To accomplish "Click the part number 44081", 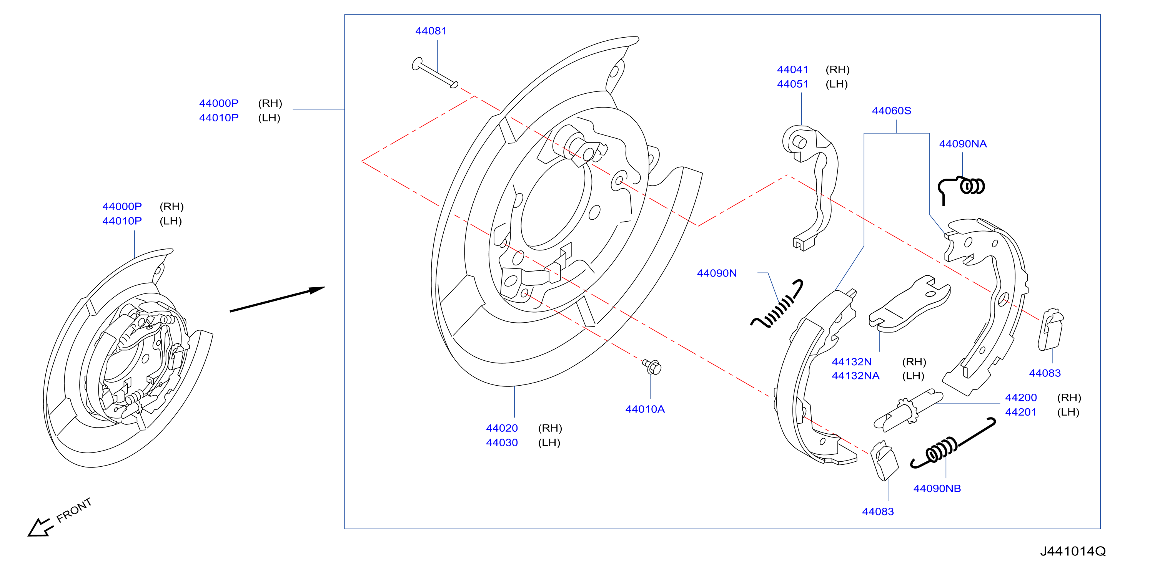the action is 431,31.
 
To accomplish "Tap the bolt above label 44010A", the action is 652,366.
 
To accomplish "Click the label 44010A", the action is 645,409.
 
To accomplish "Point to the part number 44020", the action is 502,428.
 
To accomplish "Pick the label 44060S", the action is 892,111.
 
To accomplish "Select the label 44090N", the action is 717,273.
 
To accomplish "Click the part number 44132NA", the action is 855,376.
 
